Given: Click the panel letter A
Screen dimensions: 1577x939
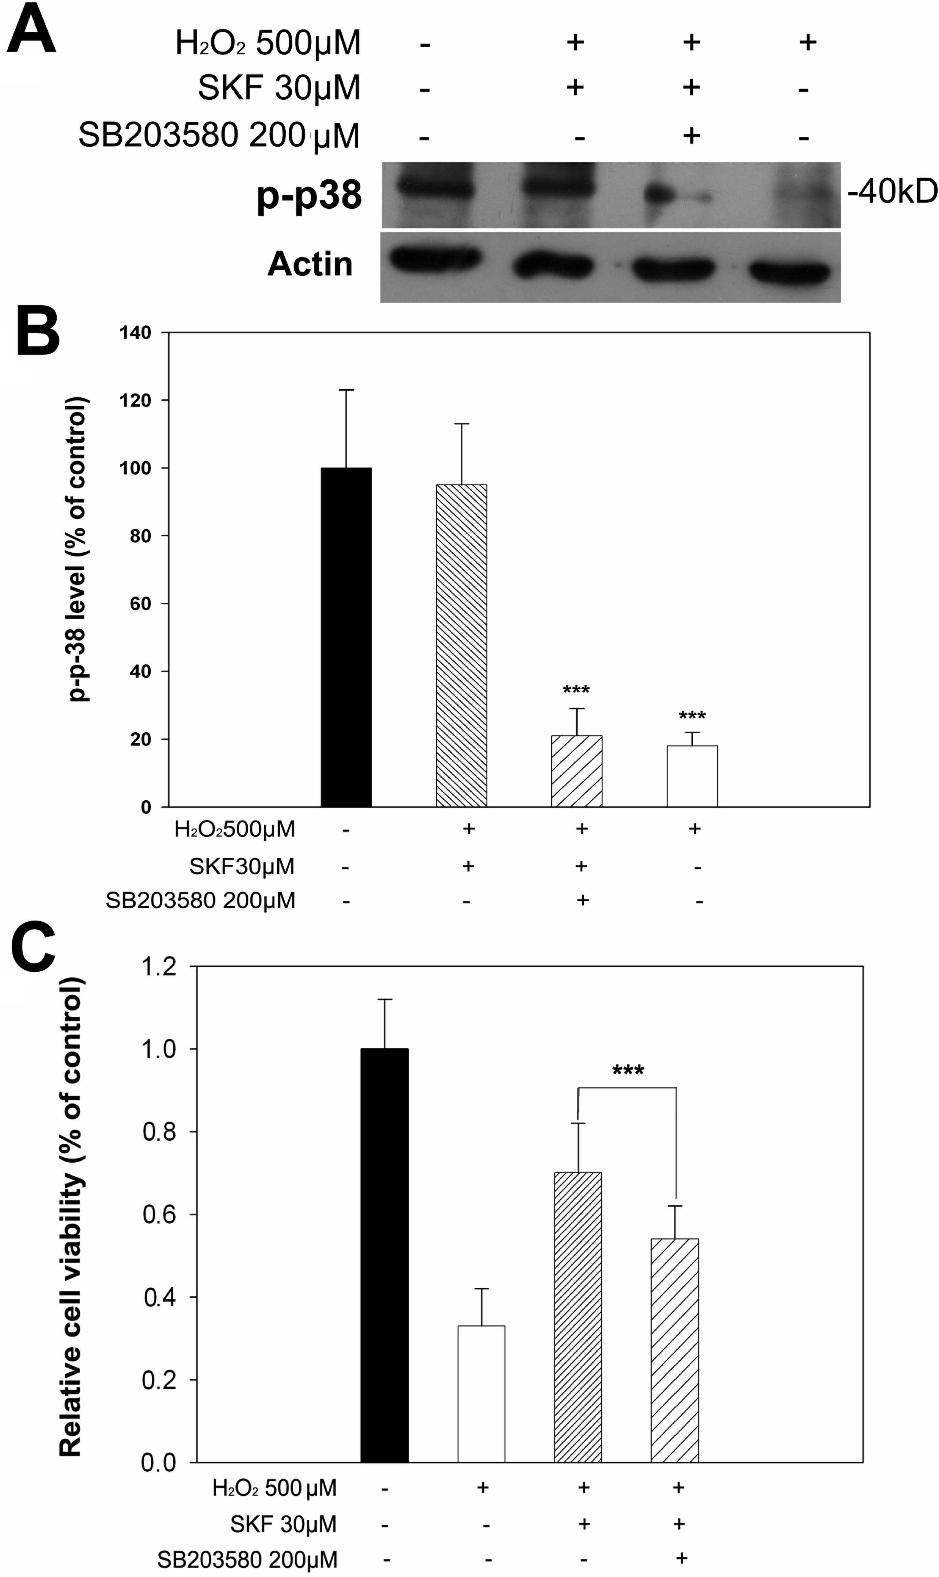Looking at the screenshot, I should [x=31, y=28].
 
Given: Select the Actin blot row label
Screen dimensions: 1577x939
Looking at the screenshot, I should [x=310, y=263].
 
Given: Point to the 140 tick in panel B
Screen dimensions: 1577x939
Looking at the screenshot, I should [x=136, y=332].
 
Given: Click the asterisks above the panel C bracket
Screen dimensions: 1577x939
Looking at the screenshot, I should [x=628, y=1071].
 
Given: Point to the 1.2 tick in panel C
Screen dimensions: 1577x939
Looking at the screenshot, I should [x=159, y=967].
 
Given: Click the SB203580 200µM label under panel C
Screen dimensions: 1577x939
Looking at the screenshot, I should [x=247, y=1559].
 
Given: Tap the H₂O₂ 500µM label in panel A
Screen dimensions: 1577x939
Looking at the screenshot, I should [x=268, y=43].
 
